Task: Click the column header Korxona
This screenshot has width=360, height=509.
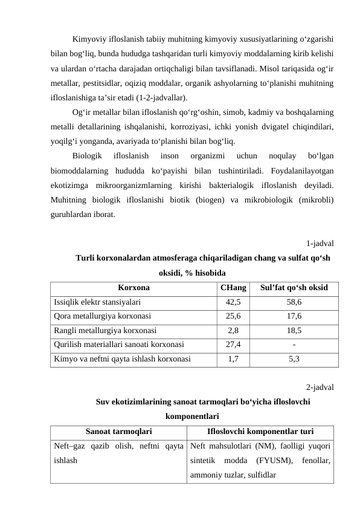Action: [x=133, y=288]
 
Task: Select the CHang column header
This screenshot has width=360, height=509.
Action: [x=233, y=288]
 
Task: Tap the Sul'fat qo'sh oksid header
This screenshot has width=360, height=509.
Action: [x=294, y=288]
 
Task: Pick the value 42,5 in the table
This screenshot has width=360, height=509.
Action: [x=233, y=302]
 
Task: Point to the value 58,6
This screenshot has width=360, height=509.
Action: [x=294, y=302]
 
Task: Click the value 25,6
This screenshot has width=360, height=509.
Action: [x=233, y=316]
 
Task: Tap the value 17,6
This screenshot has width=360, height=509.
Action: [x=294, y=316]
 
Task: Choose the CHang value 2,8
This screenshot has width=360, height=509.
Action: [x=233, y=330]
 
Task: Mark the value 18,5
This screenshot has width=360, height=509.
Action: [x=294, y=330]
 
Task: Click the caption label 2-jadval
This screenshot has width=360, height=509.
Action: [x=321, y=387]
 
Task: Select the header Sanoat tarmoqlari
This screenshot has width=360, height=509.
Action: [x=118, y=432]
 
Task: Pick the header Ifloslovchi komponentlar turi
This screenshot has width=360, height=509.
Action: [x=260, y=432]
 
